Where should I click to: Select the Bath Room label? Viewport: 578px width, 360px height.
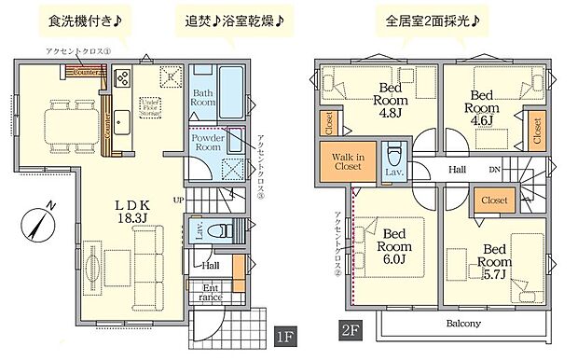[205, 98]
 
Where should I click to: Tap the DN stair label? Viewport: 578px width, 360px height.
[494, 169]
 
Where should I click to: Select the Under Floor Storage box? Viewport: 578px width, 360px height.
[149, 104]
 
